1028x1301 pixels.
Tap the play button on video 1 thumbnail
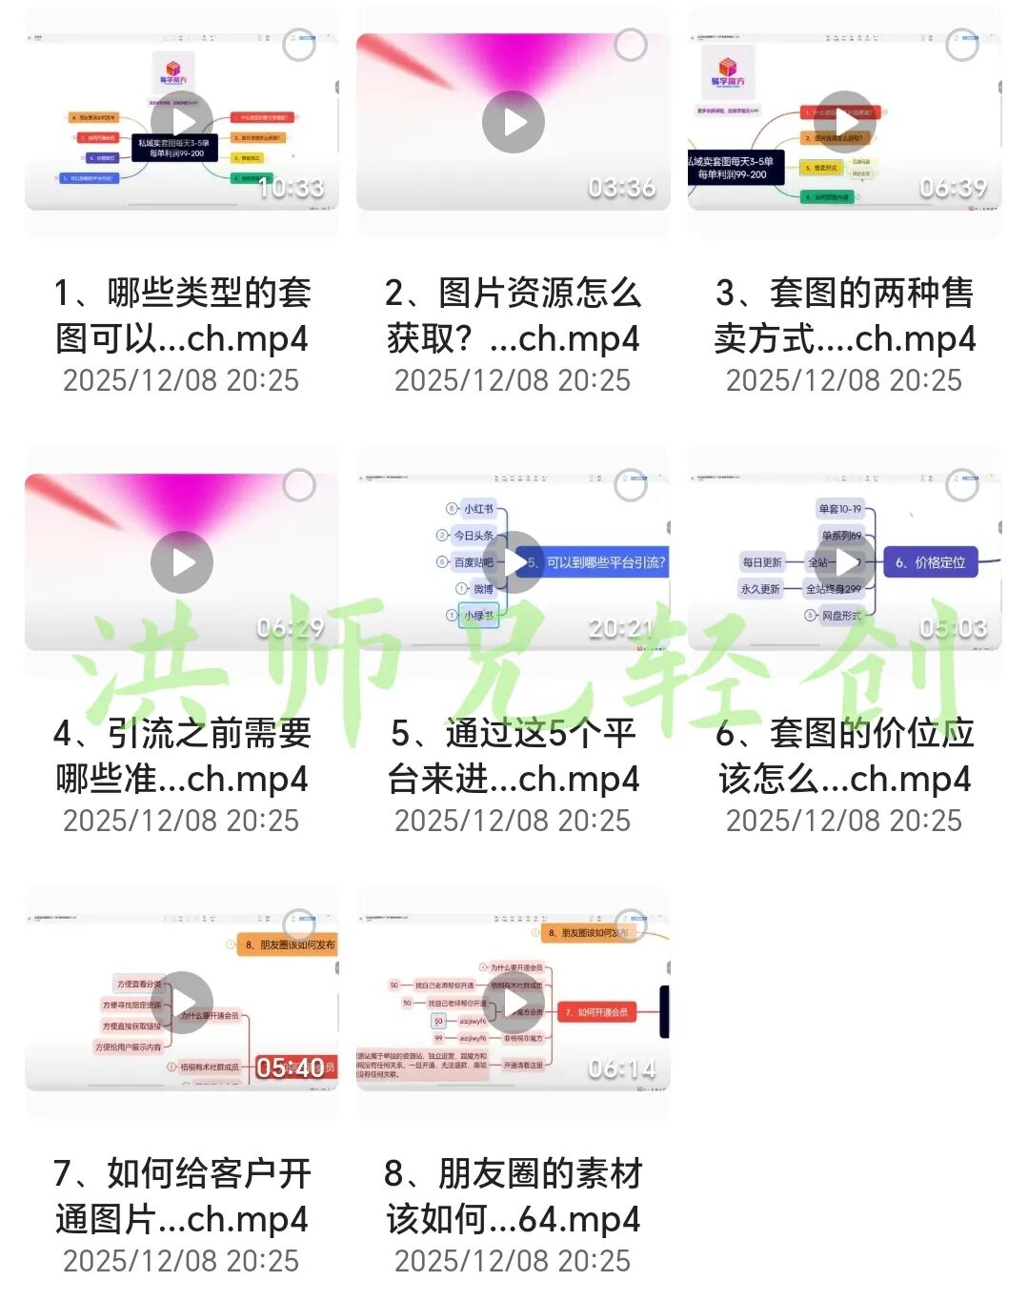click(x=182, y=122)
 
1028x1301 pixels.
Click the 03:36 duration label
click(x=621, y=188)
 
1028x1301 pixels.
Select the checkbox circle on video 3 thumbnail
click(x=961, y=45)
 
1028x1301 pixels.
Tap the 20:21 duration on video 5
click(x=621, y=628)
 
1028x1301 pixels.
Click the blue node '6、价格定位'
click(x=930, y=562)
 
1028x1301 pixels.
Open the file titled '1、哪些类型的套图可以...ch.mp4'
click(x=182, y=315)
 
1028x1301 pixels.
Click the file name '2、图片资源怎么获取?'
click(x=513, y=315)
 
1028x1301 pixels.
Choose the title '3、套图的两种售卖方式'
click(x=844, y=315)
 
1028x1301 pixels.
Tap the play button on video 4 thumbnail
click(x=182, y=562)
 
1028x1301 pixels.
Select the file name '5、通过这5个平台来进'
click(x=513, y=756)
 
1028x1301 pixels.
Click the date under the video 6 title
click(x=844, y=821)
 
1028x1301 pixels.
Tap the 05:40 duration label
click(x=291, y=1068)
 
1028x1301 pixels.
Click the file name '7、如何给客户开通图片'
click(x=182, y=1196)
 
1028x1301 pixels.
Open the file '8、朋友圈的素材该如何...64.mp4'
click(x=513, y=1196)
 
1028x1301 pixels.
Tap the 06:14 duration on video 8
click(x=621, y=1068)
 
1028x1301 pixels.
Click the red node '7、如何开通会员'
click(x=596, y=1012)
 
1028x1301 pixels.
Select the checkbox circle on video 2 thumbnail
click(x=630, y=45)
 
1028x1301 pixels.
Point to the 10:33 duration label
click(x=291, y=188)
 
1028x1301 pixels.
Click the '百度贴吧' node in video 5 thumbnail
click(x=473, y=562)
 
